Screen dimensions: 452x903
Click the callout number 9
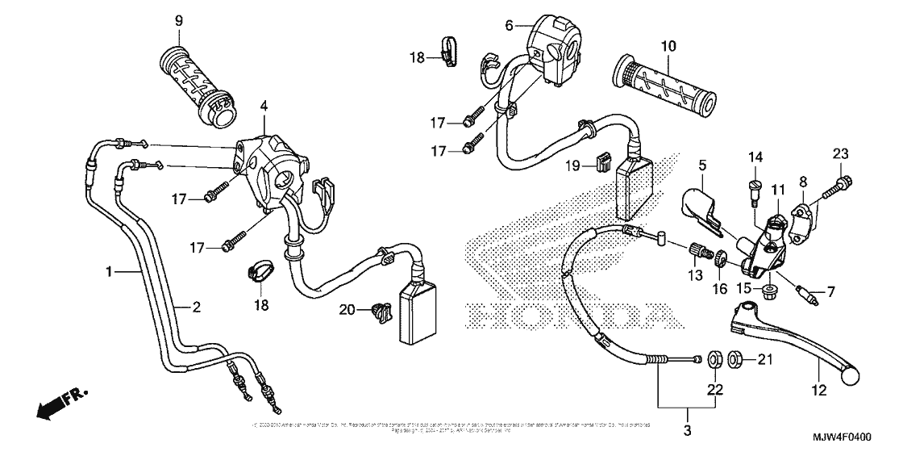[179, 20]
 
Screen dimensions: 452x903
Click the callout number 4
[263, 106]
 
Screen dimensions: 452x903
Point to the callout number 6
[509, 26]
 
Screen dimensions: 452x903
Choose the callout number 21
[765, 358]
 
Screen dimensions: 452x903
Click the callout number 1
[109, 273]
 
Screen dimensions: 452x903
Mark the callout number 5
[702, 166]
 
